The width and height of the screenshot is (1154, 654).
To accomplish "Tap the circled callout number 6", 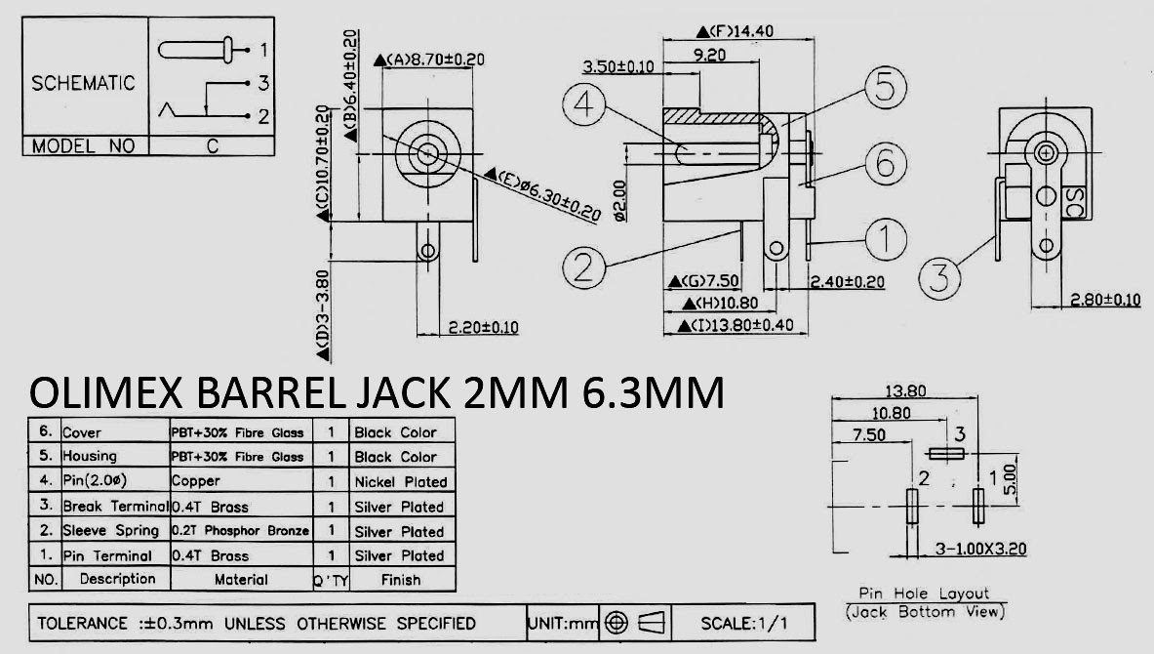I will point(885,163).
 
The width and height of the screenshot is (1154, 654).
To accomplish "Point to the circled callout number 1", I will point(885,236).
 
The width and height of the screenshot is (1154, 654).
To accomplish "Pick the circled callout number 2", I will point(584,266).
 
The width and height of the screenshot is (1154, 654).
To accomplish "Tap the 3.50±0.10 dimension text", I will point(617,66).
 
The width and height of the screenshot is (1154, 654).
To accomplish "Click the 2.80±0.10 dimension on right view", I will point(1104,300).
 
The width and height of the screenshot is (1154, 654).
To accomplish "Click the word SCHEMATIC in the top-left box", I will point(83,83).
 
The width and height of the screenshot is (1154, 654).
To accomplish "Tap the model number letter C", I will point(212,146).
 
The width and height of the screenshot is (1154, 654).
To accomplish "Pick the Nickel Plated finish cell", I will point(400,481).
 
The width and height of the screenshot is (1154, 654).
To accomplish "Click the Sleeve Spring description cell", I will point(110,531).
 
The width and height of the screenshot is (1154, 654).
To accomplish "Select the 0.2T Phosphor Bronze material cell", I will point(240,531).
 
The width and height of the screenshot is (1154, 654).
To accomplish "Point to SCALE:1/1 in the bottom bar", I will point(746,623).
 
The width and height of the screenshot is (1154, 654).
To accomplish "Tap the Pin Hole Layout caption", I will point(923,593).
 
